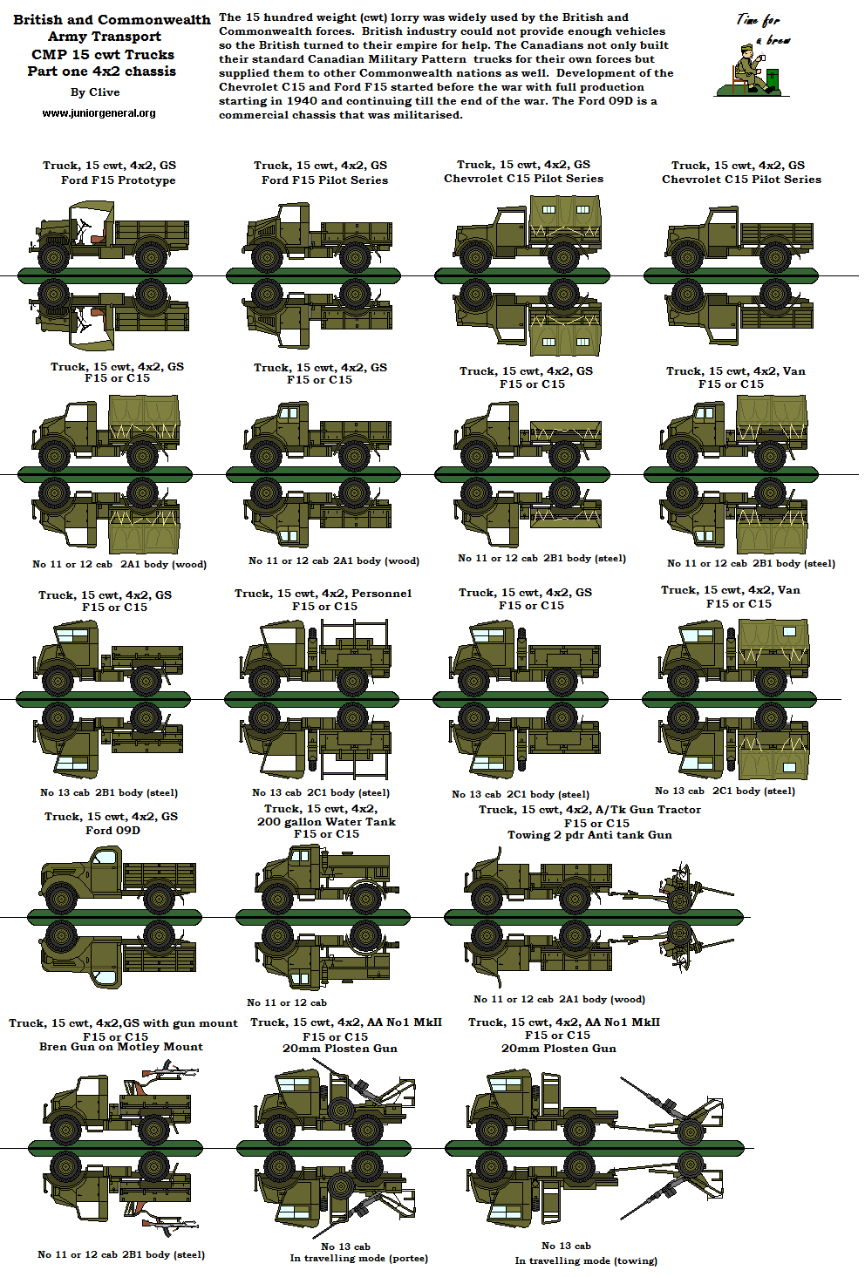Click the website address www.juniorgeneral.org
99,113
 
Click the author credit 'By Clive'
95,92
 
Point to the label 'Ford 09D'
112,831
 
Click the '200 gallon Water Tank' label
326,822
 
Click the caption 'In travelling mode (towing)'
586,1260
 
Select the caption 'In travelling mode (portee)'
358,1258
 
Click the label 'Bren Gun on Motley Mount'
121,1047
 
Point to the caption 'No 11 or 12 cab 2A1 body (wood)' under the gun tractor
559,1000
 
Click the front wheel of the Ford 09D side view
61,898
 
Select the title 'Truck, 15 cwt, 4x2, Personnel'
324,594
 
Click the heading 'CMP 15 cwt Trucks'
103,54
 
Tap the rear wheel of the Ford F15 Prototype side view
151,257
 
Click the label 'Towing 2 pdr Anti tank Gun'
589,835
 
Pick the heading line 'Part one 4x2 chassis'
101,71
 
